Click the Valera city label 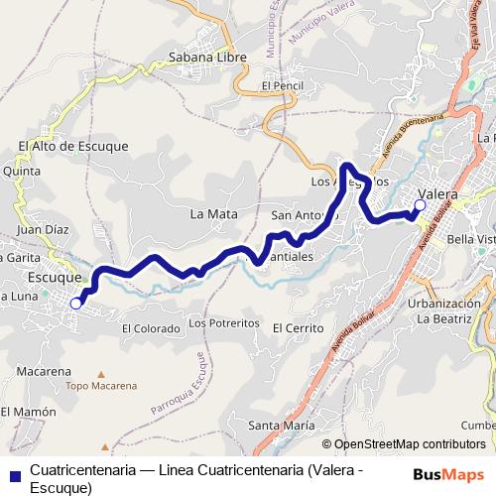click(x=437, y=193)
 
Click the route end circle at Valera click(x=420, y=205)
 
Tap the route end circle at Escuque click(x=76, y=305)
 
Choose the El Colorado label click(x=151, y=327)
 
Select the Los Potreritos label click(x=223, y=323)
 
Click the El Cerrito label click(x=298, y=327)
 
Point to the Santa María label click(x=275, y=426)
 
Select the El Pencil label click(x=281, y=86)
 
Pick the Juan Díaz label click(x=43, y=228)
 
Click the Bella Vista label click(x=471, y=239)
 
